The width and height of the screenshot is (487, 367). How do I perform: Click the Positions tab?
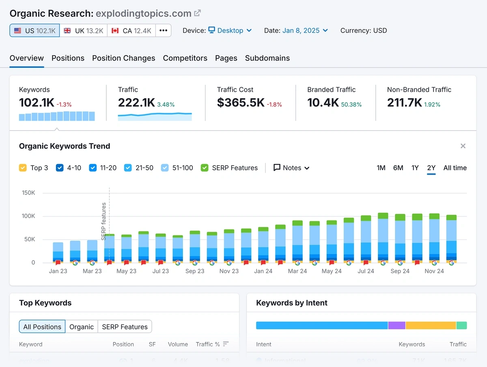[x=68, y=58]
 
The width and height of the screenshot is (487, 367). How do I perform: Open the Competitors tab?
[x=185, y=58]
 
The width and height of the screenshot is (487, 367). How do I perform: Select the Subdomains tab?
[x=267, y=58]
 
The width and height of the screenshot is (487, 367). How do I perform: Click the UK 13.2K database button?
[x=84, y=30]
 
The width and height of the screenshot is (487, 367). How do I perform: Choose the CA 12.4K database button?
[x=131, y=30]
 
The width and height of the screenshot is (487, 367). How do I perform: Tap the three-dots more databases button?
[x=163, y=30]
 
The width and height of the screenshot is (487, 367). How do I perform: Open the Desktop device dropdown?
[x=230, y=30]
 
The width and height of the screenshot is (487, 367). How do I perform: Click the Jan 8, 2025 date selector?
[x=305, y=30]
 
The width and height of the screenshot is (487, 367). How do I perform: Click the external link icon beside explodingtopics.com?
[x=198, y=13]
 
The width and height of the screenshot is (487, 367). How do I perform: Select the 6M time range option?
[x=398, y=168]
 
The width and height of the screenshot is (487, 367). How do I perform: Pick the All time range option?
[x=455, y=168]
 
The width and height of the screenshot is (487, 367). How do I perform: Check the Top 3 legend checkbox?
[x=23, y=168]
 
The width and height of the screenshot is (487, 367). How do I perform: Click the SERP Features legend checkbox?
[x=205, y=168]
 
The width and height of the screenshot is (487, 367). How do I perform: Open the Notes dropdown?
[x=291, y=168]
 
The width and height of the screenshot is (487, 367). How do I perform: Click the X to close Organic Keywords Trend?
[x=463, y=146]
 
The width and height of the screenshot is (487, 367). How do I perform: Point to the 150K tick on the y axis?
[x=28, y=193]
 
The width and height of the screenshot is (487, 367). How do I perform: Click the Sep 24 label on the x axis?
[x=400, y=271]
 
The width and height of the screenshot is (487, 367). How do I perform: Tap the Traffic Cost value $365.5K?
[x=241, y=103]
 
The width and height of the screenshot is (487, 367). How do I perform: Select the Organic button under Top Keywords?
[x=81, y=327]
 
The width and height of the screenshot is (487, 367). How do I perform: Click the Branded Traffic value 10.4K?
[x=323, y=103]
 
